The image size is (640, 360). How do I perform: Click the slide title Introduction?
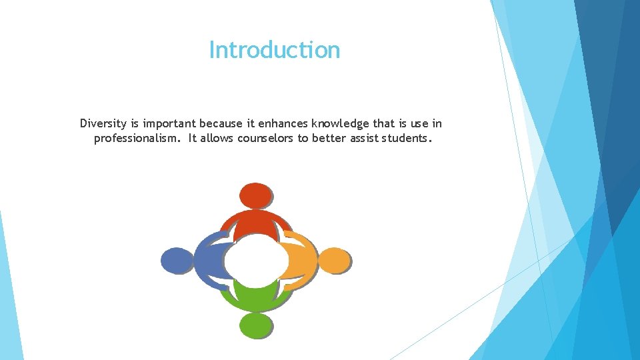click(274, 50)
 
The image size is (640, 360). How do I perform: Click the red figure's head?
click(255, 196)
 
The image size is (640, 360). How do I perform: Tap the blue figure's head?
click(177, 261)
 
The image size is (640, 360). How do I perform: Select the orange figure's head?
click(335, 261)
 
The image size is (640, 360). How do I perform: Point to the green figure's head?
click(256, 325)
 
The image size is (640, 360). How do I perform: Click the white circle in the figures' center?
click(256, 261)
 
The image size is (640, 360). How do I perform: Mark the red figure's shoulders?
click(256, 223)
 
